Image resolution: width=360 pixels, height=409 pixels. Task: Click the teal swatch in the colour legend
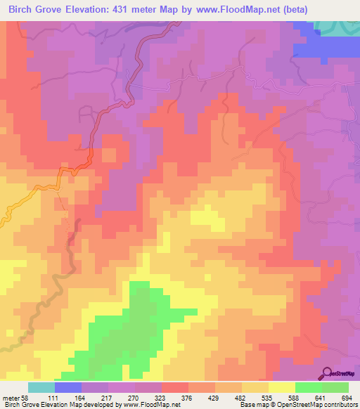(x=41, y=387)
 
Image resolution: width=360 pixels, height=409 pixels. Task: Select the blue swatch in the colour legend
(x=68, y=387)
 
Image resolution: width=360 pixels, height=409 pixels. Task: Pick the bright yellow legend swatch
(x=282, y=387)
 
